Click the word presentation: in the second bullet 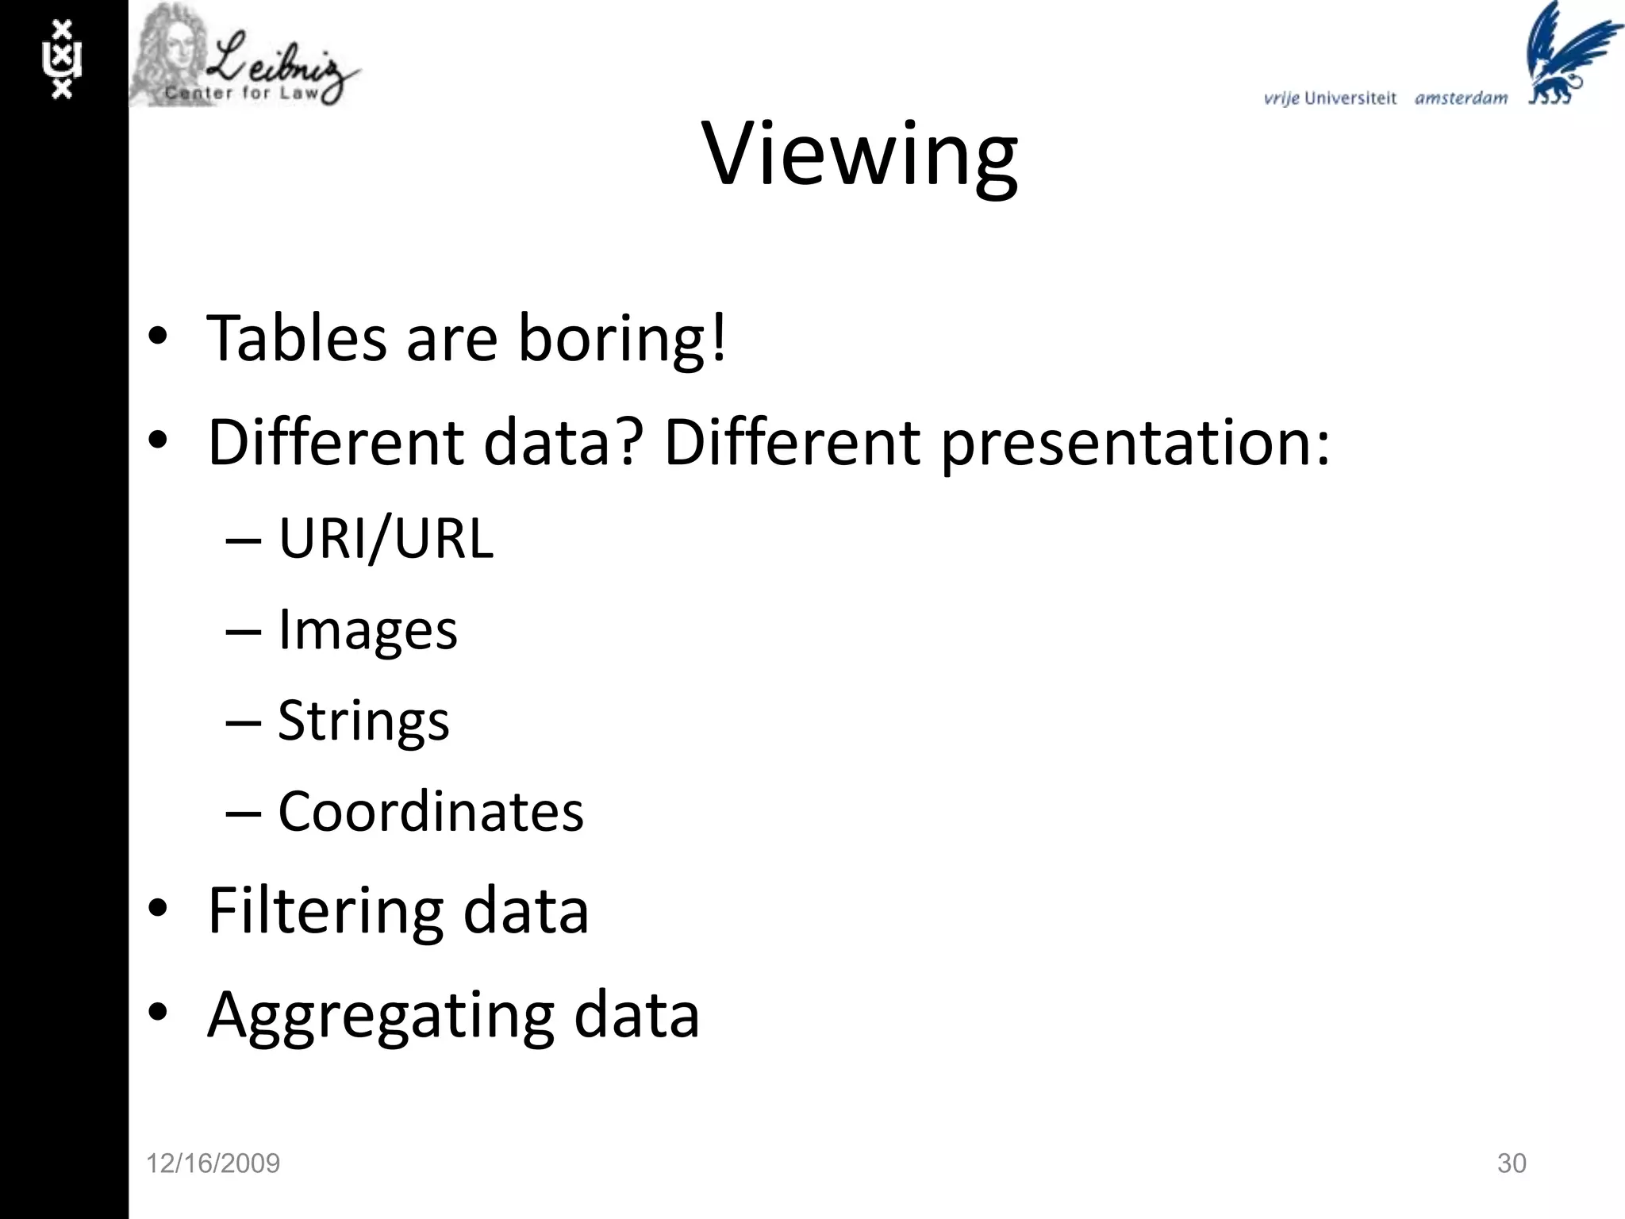[1135, 443]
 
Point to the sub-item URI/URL [386, 539]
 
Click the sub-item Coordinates [431, 812]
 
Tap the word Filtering [325, 911]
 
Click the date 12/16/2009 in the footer [213, 1163]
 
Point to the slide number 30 [1512, 1163]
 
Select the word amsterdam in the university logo [1461, 98]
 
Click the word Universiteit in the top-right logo [1350, 98]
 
